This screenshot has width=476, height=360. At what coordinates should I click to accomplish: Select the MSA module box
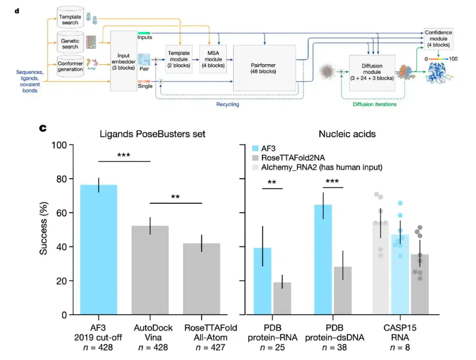click(213, 59)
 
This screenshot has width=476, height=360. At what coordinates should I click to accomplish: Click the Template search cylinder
click(70, 19)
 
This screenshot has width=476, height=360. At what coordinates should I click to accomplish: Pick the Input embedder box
click(124, 61)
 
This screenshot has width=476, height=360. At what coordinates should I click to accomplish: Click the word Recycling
click(227, 104)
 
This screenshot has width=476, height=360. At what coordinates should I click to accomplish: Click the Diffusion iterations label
click(375, 104)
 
